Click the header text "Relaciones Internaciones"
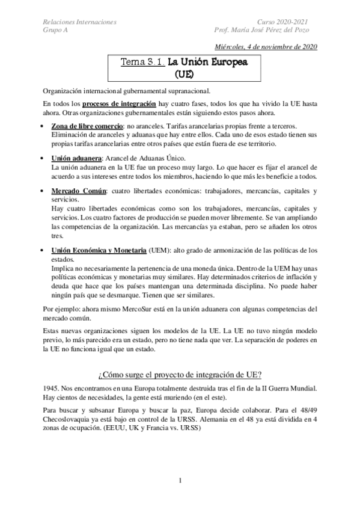coord(80,22)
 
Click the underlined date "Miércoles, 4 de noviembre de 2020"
coord(266,48)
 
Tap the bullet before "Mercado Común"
coord(41,191)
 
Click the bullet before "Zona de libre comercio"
coord(41,126)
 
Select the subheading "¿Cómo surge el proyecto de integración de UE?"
coord(180,375)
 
